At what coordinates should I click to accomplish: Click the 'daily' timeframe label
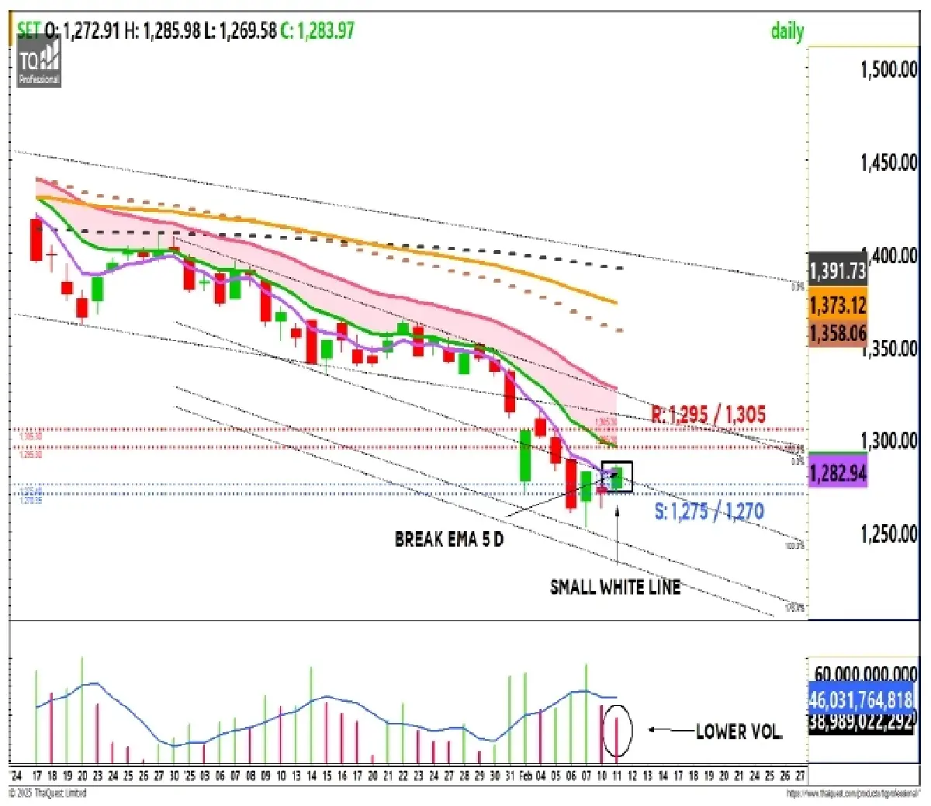(787, 31)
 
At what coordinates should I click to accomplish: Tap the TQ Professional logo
(39, 62)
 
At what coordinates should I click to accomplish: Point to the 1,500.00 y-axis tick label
(889, 69)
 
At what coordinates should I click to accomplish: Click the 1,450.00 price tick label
(889, 162)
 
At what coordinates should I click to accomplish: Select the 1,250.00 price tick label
(889, 534)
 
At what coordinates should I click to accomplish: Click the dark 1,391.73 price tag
(837, 271)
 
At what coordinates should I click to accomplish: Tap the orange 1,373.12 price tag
(837, 305)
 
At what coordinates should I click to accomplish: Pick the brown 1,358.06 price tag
(837, 334)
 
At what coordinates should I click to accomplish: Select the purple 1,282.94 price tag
(837, 474)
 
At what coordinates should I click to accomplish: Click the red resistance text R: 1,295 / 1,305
(708, 415)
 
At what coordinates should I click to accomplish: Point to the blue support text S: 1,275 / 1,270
(709, 512)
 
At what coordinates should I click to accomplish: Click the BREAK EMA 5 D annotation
(449, 540)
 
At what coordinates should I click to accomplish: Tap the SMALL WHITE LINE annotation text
(615, 587)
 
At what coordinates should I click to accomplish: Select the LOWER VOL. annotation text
(739, 731)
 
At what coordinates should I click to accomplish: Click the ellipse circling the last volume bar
(618, 730)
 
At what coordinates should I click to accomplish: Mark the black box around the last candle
(617, 477)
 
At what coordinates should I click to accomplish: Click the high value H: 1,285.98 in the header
(162, 31)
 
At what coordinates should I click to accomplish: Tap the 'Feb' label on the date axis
(525, 776)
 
